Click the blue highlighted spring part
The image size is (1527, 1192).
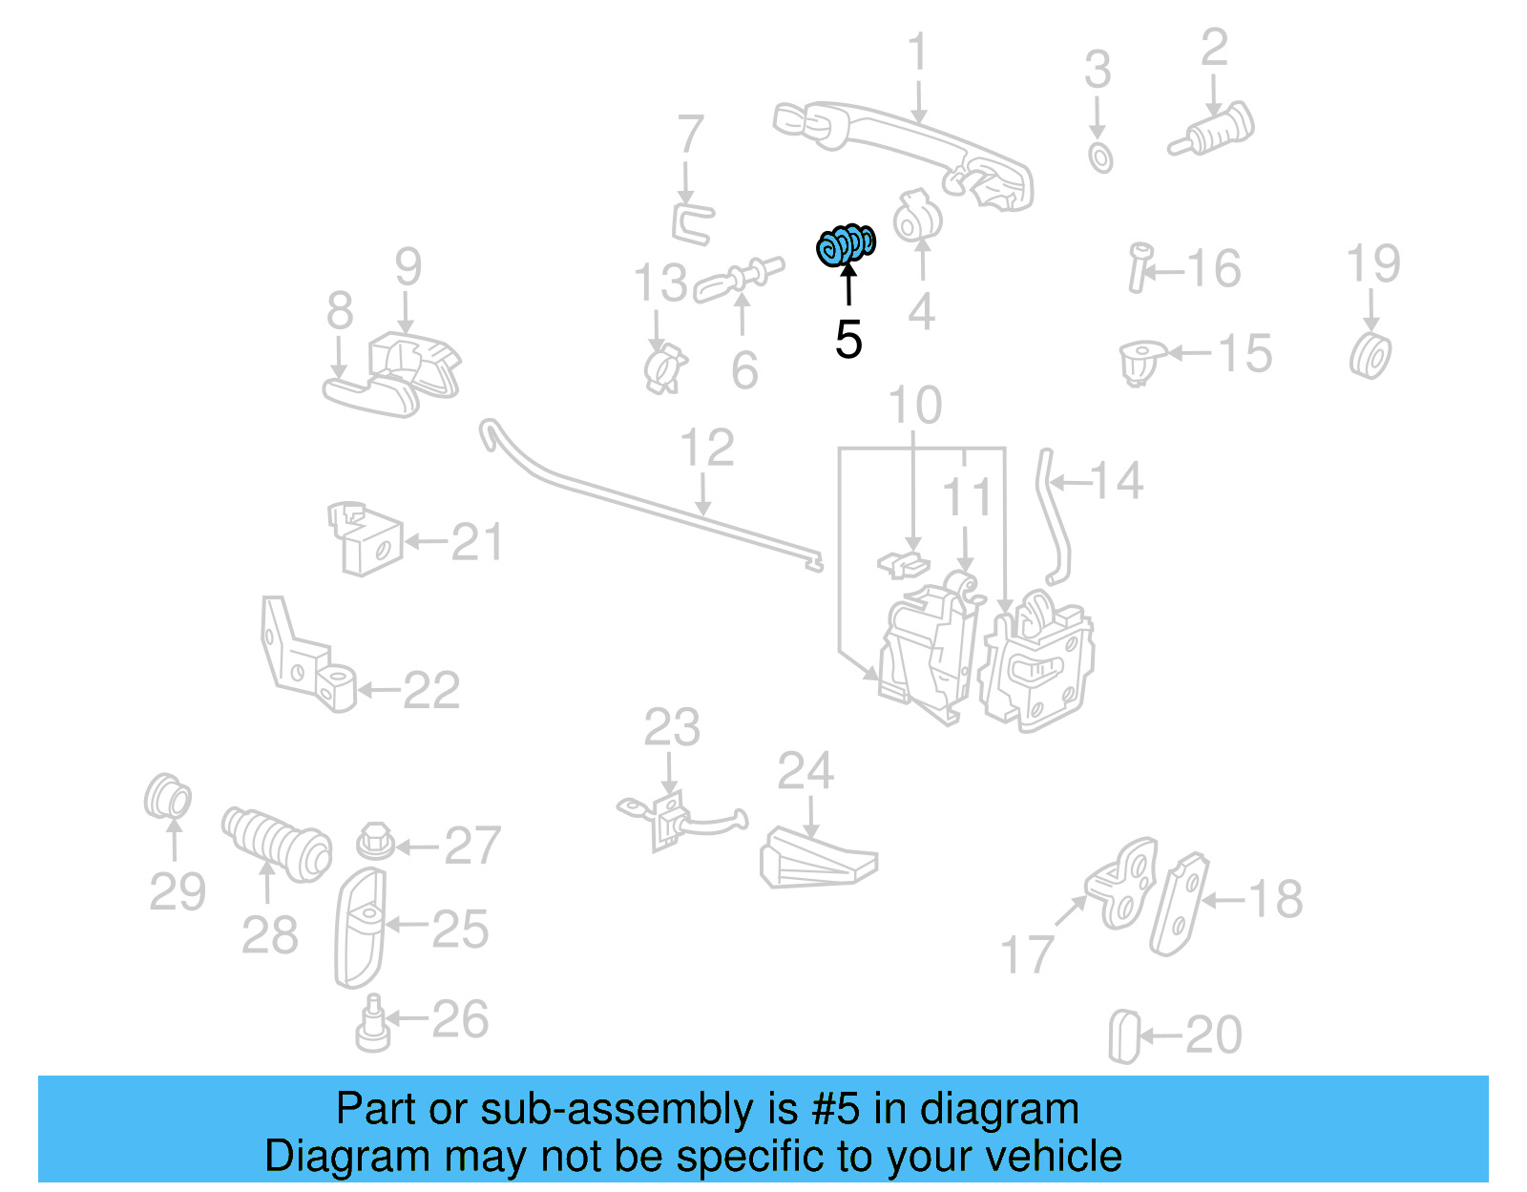846,245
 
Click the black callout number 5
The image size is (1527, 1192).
848,341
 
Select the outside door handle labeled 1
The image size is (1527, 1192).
902,153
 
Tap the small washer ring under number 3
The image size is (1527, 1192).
1100,158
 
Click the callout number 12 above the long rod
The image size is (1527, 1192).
706,449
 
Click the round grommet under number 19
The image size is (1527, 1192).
1371,356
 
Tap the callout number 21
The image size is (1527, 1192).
476,543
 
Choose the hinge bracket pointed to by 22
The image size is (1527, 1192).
305,659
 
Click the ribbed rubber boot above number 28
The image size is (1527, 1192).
277,844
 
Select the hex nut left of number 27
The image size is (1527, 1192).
375,842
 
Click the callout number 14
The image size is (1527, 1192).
1116,481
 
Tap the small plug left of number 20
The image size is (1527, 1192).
1124,1036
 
